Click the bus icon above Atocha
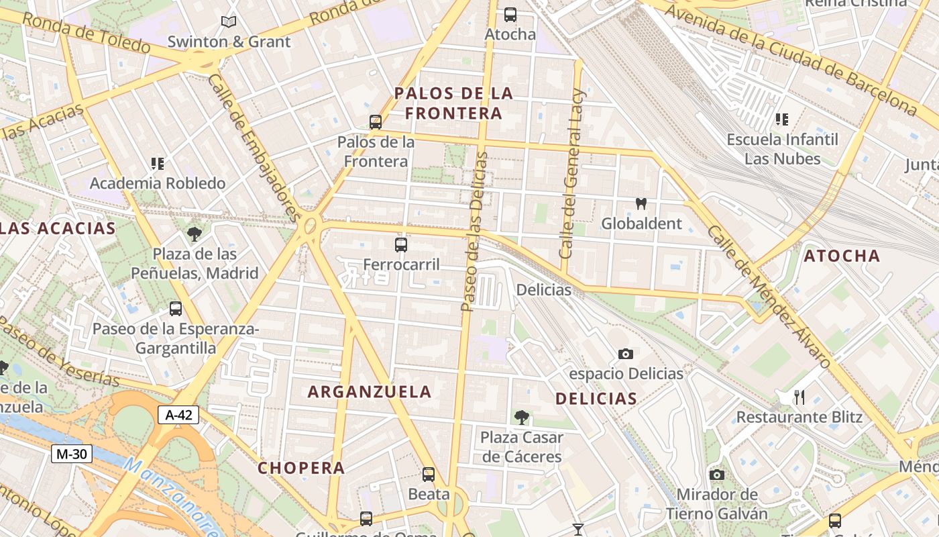(x=510, y=14)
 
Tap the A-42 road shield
(x=178, y=415)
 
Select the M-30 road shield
(x=71, y=454)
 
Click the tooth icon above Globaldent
(x=641, y=203)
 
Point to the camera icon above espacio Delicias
(x=625, y=354)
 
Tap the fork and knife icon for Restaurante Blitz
(x=799, y=397)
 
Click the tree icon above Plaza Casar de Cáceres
(x=521, y=418)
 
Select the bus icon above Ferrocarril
(x=401, y=245)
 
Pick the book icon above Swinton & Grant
(x=229, y=21)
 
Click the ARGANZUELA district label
(x=370, y=392)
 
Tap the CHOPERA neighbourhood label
(x=301, y=468)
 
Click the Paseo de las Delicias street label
(x=476, y=232)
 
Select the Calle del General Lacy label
(x=573, y=173)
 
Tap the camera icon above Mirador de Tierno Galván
(x=716, y=475)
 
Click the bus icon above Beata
(x=429, y=475)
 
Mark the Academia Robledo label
(x=158, y=183)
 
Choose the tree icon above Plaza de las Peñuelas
(x=195, y=234)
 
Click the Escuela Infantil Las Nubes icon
(x=781, y=119)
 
